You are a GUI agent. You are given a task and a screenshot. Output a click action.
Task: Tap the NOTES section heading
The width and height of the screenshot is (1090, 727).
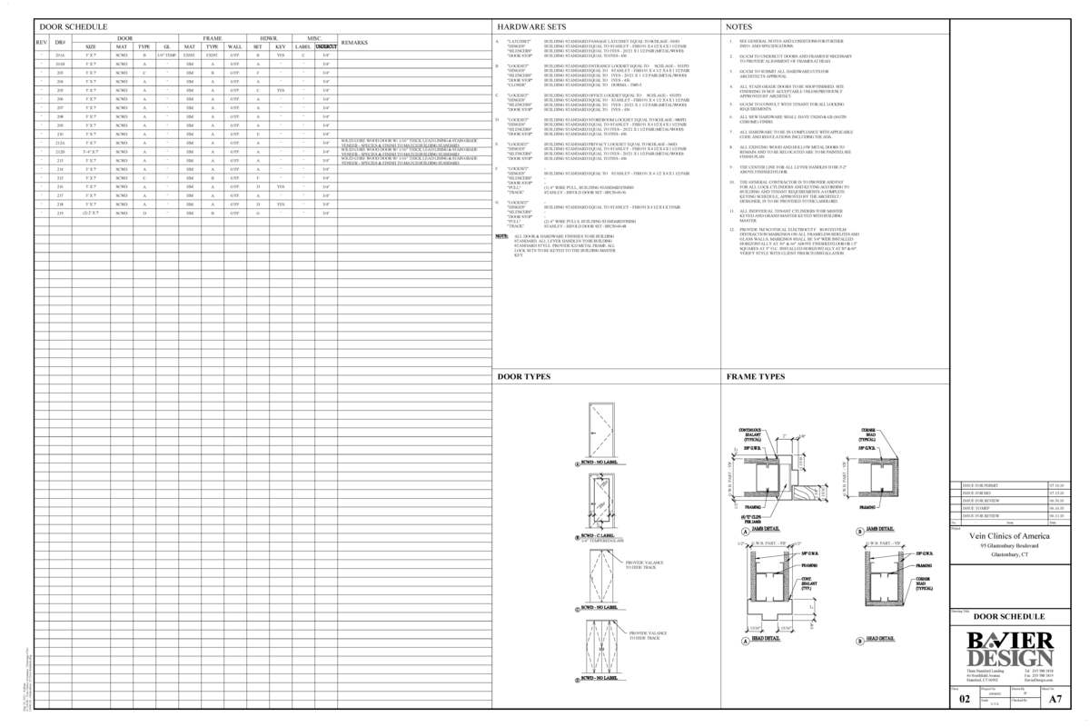(x=739, y=28)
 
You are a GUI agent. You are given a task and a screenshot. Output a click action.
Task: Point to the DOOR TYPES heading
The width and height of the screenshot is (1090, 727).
(x=523, y=376)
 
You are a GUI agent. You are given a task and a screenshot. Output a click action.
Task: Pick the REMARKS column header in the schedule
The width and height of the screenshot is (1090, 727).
(x=354, y=43)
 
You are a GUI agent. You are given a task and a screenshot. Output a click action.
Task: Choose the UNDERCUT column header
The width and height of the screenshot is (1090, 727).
(x=326, y=46)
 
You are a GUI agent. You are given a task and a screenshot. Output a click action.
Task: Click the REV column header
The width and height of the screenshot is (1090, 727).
(x=41, y=43)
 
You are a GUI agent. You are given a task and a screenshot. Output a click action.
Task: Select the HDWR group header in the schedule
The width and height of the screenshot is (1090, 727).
(x=269, y=38)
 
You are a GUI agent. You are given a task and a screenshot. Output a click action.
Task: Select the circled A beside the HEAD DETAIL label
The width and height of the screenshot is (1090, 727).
(x=746, y=639)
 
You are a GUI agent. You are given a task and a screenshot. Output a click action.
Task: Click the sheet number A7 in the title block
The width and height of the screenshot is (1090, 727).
(x=1055, y=701)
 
